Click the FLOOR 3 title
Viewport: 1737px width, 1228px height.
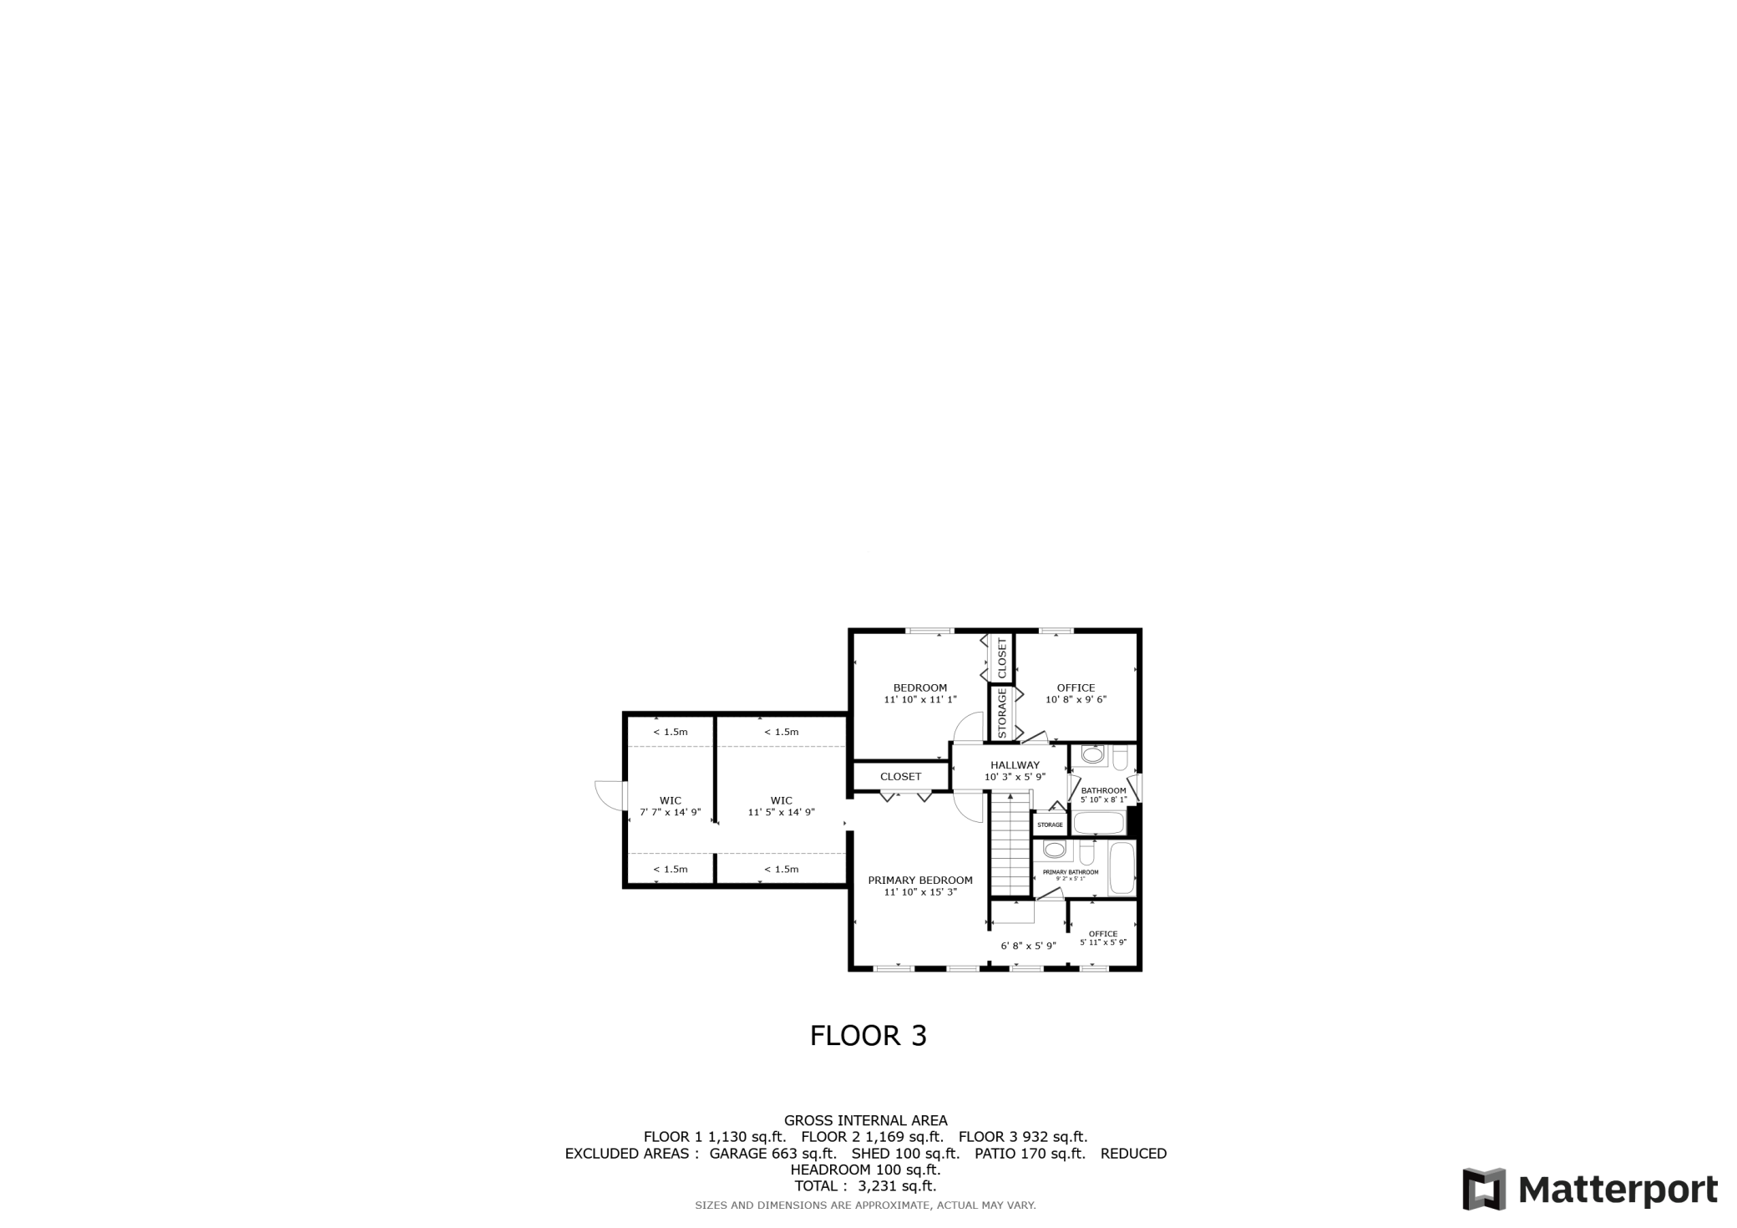868,1036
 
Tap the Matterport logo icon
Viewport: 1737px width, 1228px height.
1484,1189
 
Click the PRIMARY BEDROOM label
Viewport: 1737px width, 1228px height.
920,880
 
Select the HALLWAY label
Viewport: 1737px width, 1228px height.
1015,764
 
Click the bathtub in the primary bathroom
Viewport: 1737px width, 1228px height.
1122,869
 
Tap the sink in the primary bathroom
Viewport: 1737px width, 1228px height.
1055,850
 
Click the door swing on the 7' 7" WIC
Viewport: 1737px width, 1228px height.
610,794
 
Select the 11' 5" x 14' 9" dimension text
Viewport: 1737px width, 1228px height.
781,812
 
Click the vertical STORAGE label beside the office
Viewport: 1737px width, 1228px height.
1002,713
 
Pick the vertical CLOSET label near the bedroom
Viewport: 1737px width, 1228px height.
1002,658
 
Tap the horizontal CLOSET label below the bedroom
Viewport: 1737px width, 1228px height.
900,776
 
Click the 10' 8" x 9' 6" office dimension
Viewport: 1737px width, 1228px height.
1076,699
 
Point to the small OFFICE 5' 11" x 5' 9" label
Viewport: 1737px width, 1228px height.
1103,938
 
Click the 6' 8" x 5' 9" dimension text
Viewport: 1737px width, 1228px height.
1028,946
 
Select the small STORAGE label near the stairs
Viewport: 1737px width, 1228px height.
1050,825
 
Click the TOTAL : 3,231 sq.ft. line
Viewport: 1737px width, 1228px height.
865,1185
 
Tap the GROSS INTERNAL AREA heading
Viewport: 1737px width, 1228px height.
865,1120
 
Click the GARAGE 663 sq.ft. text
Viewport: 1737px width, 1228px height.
772,1154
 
